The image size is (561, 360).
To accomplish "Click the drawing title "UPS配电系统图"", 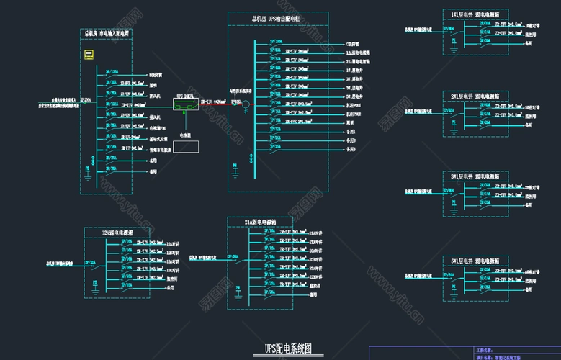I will coord(288,348).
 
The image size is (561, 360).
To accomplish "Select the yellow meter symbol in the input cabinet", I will coord(89,54).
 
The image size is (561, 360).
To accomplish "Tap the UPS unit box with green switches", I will coord(185,106).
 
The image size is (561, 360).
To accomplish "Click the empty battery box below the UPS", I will coord(185,146).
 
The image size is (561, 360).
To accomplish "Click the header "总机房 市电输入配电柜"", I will coord(107,33).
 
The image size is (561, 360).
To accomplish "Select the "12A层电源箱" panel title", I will coord(117,233).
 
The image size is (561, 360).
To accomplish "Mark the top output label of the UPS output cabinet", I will coord(353,44).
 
